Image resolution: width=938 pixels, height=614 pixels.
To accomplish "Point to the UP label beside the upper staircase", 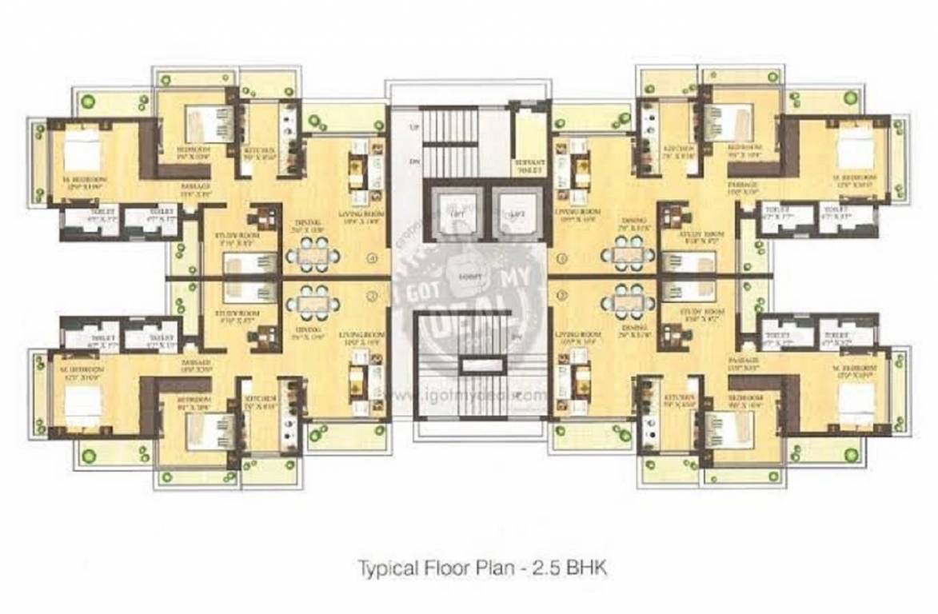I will (x=413, y=128).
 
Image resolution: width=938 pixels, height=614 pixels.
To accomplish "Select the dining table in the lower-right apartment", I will (x=629, y=301).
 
